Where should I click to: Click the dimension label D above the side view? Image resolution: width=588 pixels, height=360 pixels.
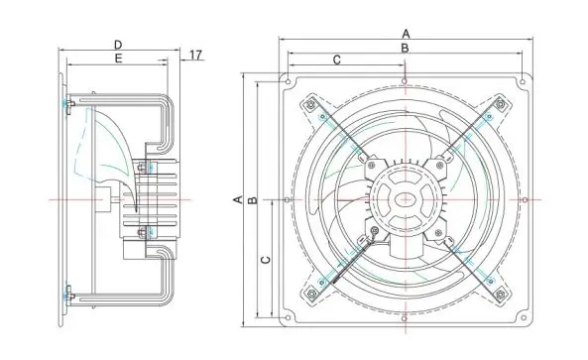pos(118,45)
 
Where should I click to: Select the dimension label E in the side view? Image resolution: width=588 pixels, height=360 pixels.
pos(118,60)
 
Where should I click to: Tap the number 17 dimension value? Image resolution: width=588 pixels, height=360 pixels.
pos(196,55)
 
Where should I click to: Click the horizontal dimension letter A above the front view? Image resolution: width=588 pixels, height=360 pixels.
pos(406,33)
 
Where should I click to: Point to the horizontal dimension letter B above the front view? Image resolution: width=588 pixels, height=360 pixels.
pos(406,48)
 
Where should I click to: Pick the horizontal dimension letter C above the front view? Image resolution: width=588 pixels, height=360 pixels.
pos(337,60)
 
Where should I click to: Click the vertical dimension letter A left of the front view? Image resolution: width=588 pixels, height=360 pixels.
pos(238,199)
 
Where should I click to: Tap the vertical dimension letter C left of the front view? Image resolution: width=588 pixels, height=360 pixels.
pos(265,260)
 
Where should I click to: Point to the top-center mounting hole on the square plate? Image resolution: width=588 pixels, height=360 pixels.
pos(406,80)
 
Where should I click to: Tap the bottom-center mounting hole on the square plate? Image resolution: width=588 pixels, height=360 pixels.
pos(406,319)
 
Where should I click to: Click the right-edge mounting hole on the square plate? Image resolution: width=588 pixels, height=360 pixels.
pos(526,200)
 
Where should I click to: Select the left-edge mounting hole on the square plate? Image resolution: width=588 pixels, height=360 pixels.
pos(287,200)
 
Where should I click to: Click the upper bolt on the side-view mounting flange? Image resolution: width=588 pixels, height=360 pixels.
pos(68,103)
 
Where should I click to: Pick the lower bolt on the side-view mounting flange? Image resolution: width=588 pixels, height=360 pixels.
pos(68,295)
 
